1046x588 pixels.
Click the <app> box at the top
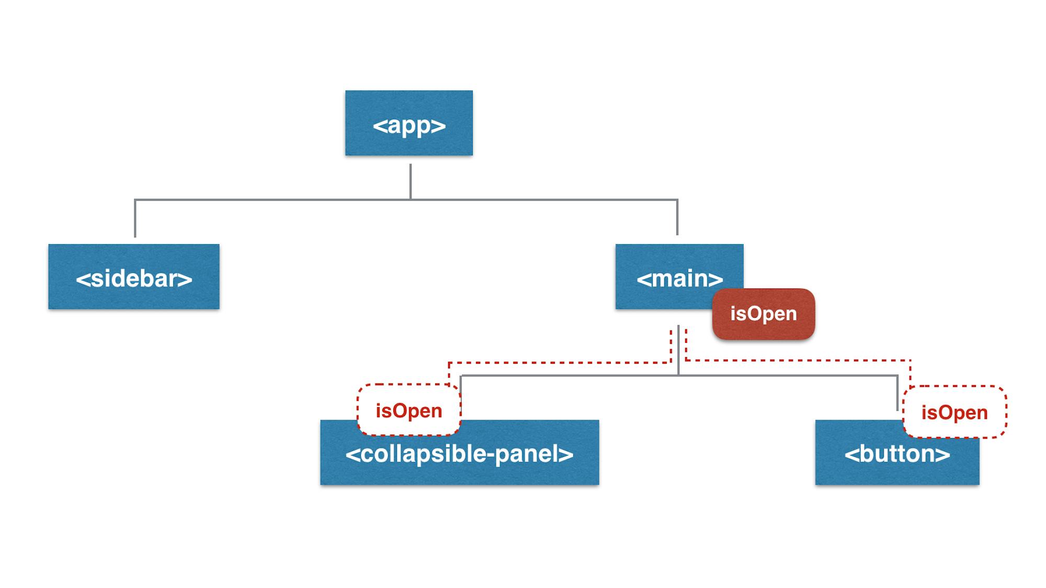[x=408, y=123]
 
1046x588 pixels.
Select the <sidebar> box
[x=134, y=276]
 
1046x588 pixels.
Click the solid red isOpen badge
[x=763, y=314]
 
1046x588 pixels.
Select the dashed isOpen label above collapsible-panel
[x=408, y=410]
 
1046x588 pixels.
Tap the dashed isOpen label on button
[x=954, y=412]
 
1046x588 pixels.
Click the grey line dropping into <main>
[x=677, y=217]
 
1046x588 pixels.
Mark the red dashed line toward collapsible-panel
[x=560, y=362]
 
